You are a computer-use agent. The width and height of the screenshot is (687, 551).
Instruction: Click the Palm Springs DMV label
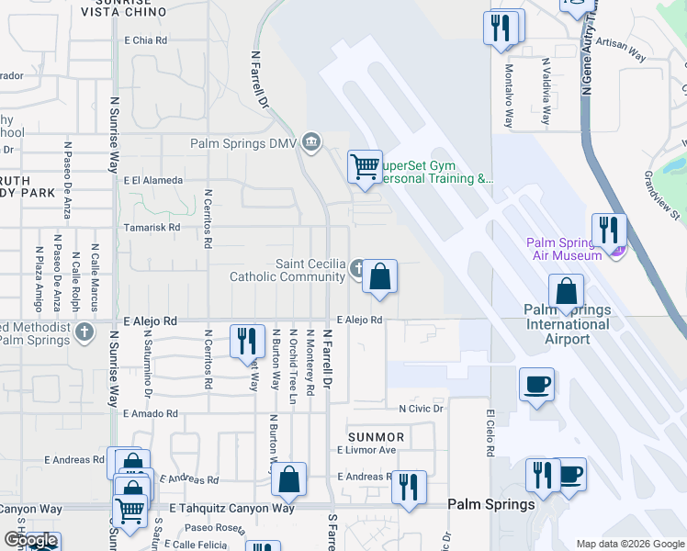point(244,143)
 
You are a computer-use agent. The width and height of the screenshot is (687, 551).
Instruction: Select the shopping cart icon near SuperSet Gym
point(365,167)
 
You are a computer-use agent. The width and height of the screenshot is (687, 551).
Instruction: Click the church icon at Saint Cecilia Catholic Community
point(357,269)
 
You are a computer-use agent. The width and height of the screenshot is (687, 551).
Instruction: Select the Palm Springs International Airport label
point(568,324)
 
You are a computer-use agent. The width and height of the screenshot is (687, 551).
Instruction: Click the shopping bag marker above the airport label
point(567,291)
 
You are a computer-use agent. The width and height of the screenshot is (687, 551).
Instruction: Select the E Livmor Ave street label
point(366,450)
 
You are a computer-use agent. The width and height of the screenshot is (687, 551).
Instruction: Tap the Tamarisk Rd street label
point(152,227)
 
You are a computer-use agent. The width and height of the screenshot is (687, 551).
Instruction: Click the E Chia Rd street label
point(145,40)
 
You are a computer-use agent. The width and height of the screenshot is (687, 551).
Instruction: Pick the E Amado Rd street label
point(151,415)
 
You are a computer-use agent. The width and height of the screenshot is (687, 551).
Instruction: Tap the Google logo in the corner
point(30,541)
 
